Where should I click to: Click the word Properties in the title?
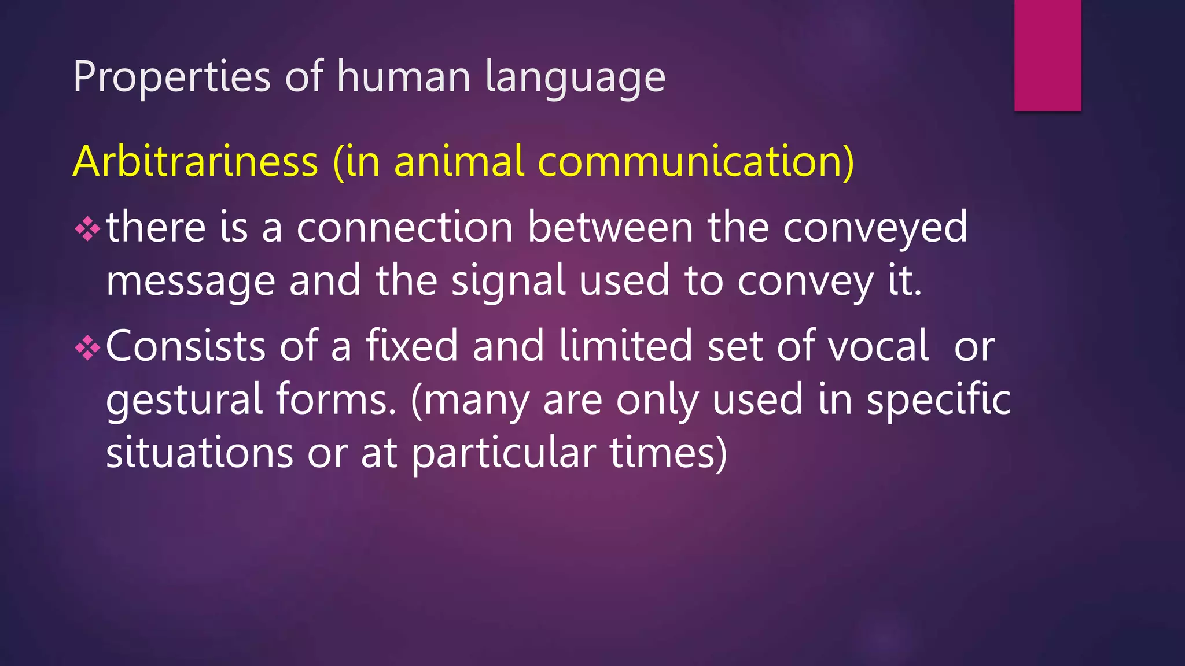[x=172, y=76]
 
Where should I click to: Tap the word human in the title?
[x=403, y=76]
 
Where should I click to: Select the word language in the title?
[x=575, y=77]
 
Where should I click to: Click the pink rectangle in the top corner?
[x=1047, y=55]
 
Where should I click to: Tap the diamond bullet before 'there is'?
[x=87, y=229]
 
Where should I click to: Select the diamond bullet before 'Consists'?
[x=87, y=348]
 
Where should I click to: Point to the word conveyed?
[x=875, y=228]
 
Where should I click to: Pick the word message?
[x=190, y=282]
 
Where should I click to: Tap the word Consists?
[x=186, y=346]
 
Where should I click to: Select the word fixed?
[x=411, y=346]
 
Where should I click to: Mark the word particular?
[x=503, y=453]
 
